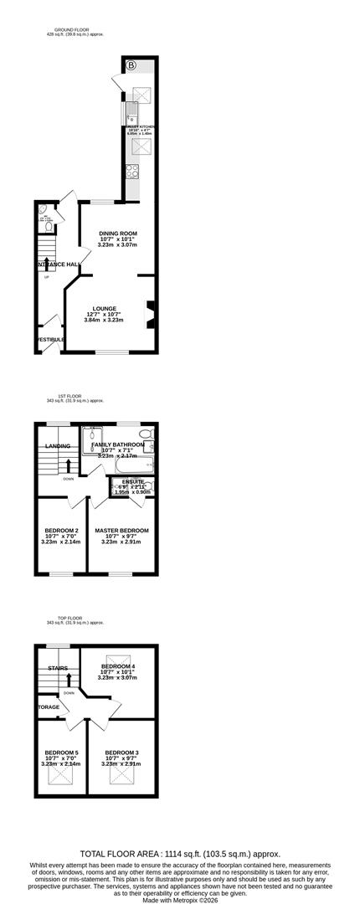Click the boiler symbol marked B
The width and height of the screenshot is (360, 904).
[x=131, y=65]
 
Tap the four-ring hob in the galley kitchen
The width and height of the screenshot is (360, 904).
[x=132, y=172]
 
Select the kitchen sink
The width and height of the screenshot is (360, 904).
[x=132, y=111]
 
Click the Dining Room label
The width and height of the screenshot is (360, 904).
[x=118, y=234]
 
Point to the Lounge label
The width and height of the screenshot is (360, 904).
[x=105, y=308]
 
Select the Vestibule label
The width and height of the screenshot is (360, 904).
[x=50, y=339]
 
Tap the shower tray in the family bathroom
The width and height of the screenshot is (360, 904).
[x=91, y=435]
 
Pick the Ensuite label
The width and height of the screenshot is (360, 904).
[x=132, y=483]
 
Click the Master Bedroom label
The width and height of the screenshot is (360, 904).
[x=121, y=531]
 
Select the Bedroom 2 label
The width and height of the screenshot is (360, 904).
[x=61, y=531]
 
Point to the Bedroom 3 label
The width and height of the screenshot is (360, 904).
[x=121, y=752]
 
